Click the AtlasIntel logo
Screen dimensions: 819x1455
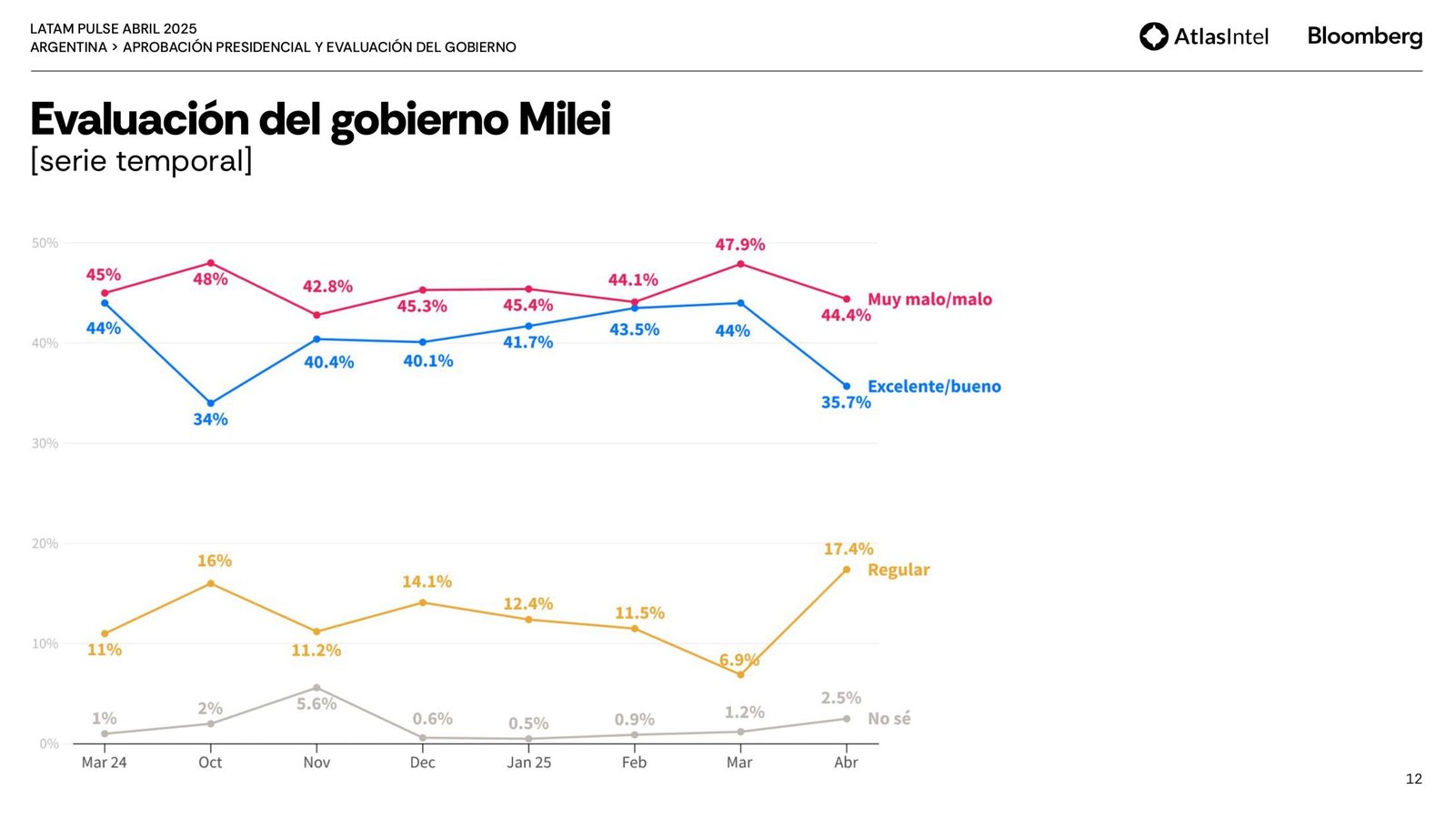coord(1203,36)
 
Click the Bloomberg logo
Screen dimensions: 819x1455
coord(1364,36)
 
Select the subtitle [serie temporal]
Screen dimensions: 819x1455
coord(141,161)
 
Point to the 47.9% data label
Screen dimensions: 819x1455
coord(739,245)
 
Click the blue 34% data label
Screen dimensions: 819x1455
coord(210,420)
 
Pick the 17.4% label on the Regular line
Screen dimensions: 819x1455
coord(848,549)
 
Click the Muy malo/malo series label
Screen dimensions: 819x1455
coord(929,299)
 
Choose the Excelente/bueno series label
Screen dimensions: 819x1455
coord(934,387)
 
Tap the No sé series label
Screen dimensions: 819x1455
coord(888,719)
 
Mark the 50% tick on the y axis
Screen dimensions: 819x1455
coord(45,243)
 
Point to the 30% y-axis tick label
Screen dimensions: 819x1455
coord(45,443)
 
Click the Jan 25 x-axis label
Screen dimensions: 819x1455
coord(528,763)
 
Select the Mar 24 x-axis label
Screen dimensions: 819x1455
coord(104,763)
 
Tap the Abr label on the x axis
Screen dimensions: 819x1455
coord(846,763)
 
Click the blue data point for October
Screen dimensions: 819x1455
coord(211,403)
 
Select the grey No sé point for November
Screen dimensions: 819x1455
coord(316,688)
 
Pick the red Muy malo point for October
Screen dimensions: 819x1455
coord(211,263)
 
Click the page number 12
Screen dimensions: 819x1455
coord(1413,779)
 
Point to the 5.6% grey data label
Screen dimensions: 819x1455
coord(316,703)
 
